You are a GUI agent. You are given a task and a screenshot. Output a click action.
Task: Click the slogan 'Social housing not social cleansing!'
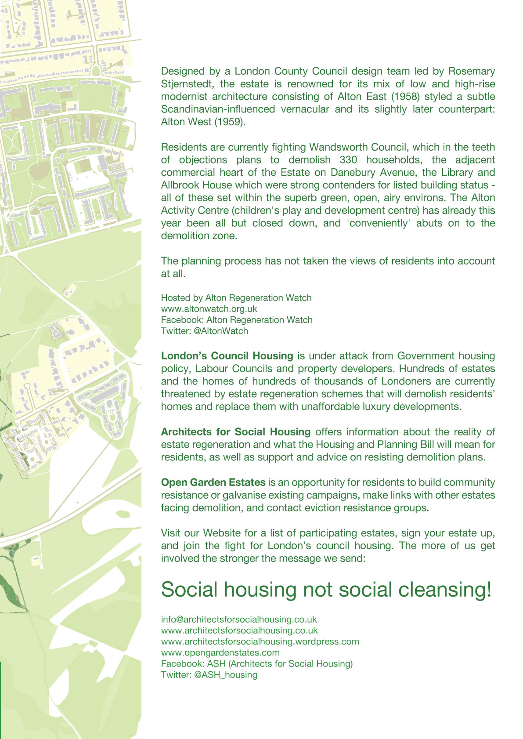(x=326, y=590)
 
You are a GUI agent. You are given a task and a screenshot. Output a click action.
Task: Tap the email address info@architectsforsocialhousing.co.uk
(x=239, y=619)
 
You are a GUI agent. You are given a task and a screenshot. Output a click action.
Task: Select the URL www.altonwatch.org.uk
(x=209, y=309)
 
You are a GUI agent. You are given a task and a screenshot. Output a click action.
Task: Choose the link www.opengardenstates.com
(x=220, y=652)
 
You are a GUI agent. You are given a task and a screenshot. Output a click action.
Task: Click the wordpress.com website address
(x=260, y=641)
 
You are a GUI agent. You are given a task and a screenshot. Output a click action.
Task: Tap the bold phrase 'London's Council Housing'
(x=227, y=356)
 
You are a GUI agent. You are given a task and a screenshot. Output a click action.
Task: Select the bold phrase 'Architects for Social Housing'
(x=236, y=432)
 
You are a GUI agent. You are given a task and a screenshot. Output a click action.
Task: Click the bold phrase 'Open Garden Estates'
(x=213, y=482)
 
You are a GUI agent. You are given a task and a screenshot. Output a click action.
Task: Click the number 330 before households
(x=348, y=160)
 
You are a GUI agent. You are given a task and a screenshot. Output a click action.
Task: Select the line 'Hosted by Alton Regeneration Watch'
(x=236, y=298)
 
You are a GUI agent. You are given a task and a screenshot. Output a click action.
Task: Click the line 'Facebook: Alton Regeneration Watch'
(x=237, y=320)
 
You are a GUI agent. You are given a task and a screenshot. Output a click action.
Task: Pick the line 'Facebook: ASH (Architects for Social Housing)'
(x=257, y=663)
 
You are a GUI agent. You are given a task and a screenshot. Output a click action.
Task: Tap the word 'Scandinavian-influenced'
(x=218, y=109)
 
